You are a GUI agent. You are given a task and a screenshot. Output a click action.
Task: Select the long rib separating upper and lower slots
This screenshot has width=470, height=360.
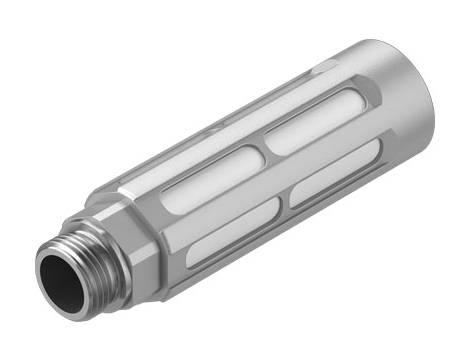tap(270, 170)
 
